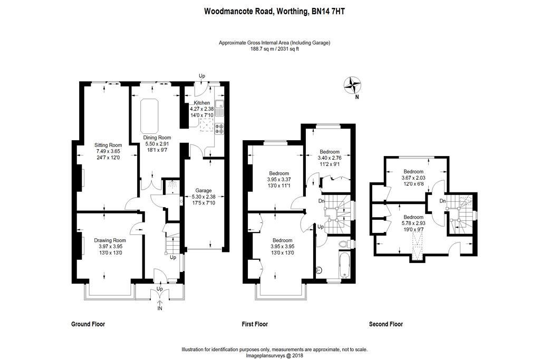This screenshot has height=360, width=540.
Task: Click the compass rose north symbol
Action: (352, 84)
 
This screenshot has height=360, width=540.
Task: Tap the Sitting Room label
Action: (108, 145)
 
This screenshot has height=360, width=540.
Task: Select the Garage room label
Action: (203, 190)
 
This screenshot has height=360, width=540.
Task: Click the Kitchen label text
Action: (201, 103)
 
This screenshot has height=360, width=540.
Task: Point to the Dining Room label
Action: (158, 137)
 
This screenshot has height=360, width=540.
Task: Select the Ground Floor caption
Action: (88, 324)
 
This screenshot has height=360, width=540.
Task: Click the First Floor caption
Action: (255, 324)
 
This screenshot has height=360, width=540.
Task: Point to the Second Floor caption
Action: (386, 324)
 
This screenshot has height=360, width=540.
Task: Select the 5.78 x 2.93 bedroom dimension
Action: (413, 223)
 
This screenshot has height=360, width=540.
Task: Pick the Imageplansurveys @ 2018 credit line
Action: (275, 356)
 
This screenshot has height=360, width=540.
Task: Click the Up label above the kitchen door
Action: (201, 76)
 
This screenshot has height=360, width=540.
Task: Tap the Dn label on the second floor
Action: (443, 201)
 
